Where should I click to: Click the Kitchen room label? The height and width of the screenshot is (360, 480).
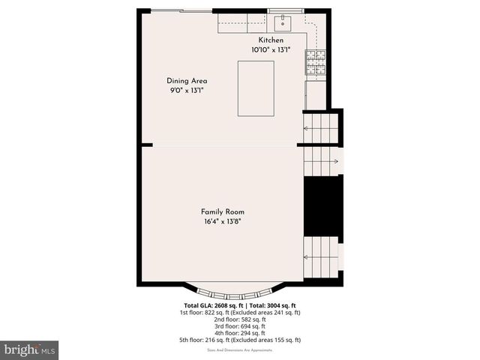[271, 40]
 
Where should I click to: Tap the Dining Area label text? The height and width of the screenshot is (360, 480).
[187, 81]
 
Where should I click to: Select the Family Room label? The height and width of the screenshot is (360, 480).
[222, 211]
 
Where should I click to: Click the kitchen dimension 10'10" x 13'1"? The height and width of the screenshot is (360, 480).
[271, 49]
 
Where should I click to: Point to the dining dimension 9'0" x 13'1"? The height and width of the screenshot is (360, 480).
[187, 90]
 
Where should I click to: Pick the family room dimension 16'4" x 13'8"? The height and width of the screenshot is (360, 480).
[222, 221]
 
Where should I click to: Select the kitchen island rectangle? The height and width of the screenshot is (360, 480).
[256, 88]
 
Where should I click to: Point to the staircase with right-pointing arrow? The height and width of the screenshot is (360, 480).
[322, 159]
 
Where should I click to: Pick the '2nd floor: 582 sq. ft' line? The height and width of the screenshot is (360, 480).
[240, 319]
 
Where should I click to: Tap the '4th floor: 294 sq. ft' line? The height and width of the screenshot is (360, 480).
[240, 333]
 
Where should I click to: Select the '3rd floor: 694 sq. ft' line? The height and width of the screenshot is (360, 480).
[240, 326]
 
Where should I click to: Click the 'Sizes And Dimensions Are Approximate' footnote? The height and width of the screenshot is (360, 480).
[240, 349]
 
